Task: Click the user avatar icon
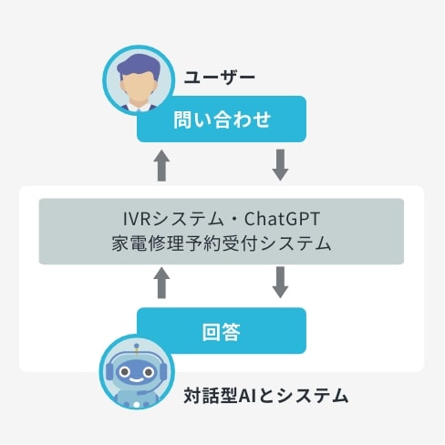pos(139,79)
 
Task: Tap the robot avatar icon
pos(137,372)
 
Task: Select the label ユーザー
pos(219,78)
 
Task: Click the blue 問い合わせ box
pos(222,119)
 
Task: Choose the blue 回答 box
pos(222,330)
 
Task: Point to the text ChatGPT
pos(282,219)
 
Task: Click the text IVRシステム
pos(173,219)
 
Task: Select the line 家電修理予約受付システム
pos(221,243)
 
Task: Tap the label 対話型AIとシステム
pos(265,395)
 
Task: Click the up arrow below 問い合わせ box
pos(161,165)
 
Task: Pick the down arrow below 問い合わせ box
pos(280,165)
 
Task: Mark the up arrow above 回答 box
pos(161,283)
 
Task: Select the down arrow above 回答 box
pos(280,283)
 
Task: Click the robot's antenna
pos(137,349)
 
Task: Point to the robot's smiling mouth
pos(137,379)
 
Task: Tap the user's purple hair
pos(139,66)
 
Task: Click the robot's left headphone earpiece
pos(109,372)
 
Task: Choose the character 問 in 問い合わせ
pos(182,119)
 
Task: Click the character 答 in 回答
pos(231,331)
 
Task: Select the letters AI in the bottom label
pos(246,396)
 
